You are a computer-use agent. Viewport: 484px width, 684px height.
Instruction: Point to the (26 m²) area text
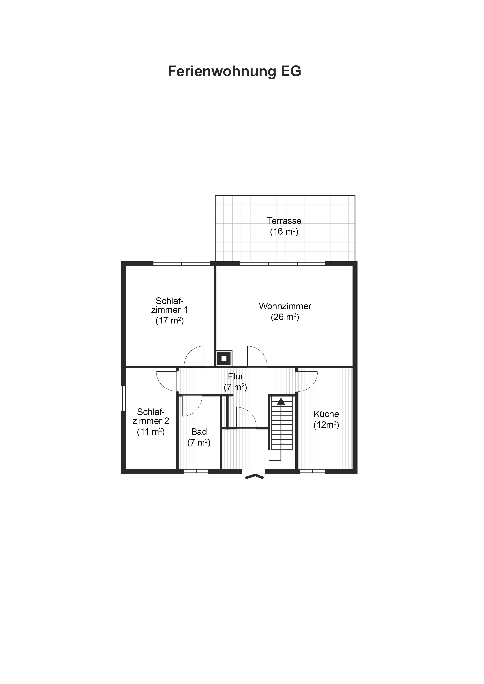pyautogui.click(x=285, y=317)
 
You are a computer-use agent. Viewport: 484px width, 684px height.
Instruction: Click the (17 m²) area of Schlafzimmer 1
pyautogui.click(x=169, y=321)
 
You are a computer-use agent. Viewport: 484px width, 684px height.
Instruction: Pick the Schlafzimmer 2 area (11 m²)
pyautogui.click(x=151, y=432)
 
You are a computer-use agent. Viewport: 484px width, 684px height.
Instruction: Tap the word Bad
pyautogui.click(x=199, y=432)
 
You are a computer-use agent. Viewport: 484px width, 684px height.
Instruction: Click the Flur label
pyautogui.click(x=236, y=376)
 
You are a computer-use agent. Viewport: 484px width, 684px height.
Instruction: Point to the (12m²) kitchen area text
pyautogui.click(x=326, y=425)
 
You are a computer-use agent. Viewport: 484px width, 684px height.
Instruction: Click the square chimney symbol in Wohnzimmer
pyautogui.click(x=224, y=358)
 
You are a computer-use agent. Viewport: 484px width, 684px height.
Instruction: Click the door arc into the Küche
pyautogui.click(x=312, y=384)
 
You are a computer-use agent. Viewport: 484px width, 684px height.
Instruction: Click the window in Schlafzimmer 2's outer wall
pyautogui.click(x=124, y=399)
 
